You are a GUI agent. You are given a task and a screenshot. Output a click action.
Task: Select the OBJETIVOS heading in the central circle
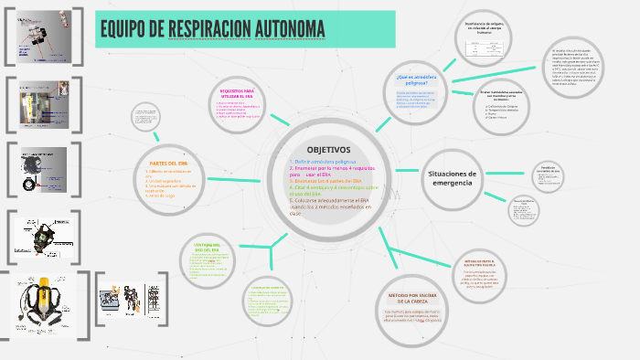pos(328,150)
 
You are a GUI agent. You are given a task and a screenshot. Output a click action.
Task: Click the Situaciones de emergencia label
pos(453,178)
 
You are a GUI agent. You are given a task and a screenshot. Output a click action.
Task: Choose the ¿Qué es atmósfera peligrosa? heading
pos(411,79)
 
